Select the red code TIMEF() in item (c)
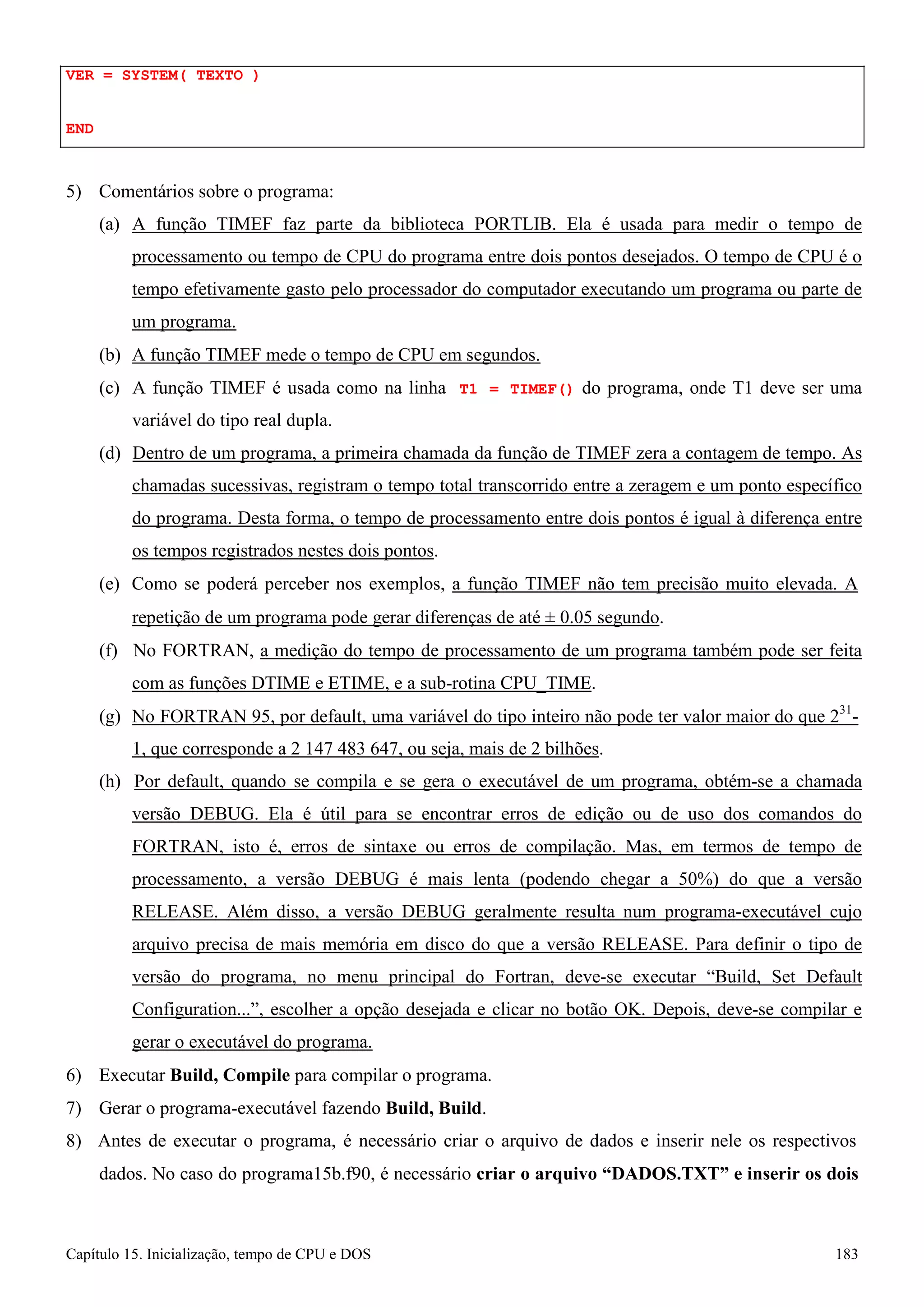pos(541,389)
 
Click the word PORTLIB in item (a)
pos(514,224)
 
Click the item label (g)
pos(109,716)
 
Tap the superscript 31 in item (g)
pos(845,709)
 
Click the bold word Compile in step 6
pos(256,1075)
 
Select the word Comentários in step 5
pos(140,192)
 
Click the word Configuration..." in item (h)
pos(196,1009)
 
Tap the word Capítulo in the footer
pos(92,1254)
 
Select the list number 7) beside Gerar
pos(74,1108)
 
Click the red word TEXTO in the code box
pos(219,75)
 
